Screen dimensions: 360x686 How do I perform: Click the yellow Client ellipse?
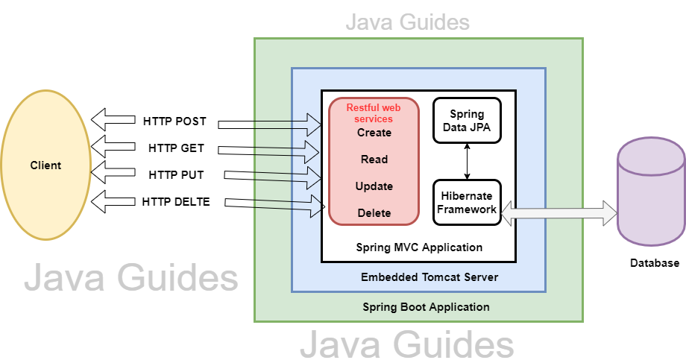pyautogui.click(x=45, y=165)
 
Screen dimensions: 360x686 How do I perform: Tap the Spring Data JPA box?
pyautogui.click(x=467, y=120)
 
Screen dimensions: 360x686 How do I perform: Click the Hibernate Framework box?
pyautogui.click(x=467, y=202)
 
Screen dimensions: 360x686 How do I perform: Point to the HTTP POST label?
pyautogui.click(x=174, y=121)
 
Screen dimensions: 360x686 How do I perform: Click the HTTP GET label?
pyautogui.click(x=176, y=148)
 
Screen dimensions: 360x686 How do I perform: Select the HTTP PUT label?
pyautogui.click(x=176, y=175)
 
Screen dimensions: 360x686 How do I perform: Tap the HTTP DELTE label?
pyautogui.click(x=176, y=201)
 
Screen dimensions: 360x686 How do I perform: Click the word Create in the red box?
pyautogui.click(x=374, y=133)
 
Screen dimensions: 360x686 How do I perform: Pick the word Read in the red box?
pyautogui.click(x=374, y=160)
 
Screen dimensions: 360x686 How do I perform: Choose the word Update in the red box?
pyautogui.click(x=374, y=186)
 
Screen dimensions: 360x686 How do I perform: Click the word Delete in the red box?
pyautogui.click(x=374, y=213)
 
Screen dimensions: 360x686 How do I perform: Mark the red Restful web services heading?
pyautogui.click(x=369, y=113)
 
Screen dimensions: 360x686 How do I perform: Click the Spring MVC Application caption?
pyautogui.click(x=419, y=247)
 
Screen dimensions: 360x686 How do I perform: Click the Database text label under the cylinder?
pyautogui.click(x=655, y=263)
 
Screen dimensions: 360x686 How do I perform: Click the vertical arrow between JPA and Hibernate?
pyautogui.click(x=468, y=160)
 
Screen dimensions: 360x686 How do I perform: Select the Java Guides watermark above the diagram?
pyautogui.click(x=407, y=22)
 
